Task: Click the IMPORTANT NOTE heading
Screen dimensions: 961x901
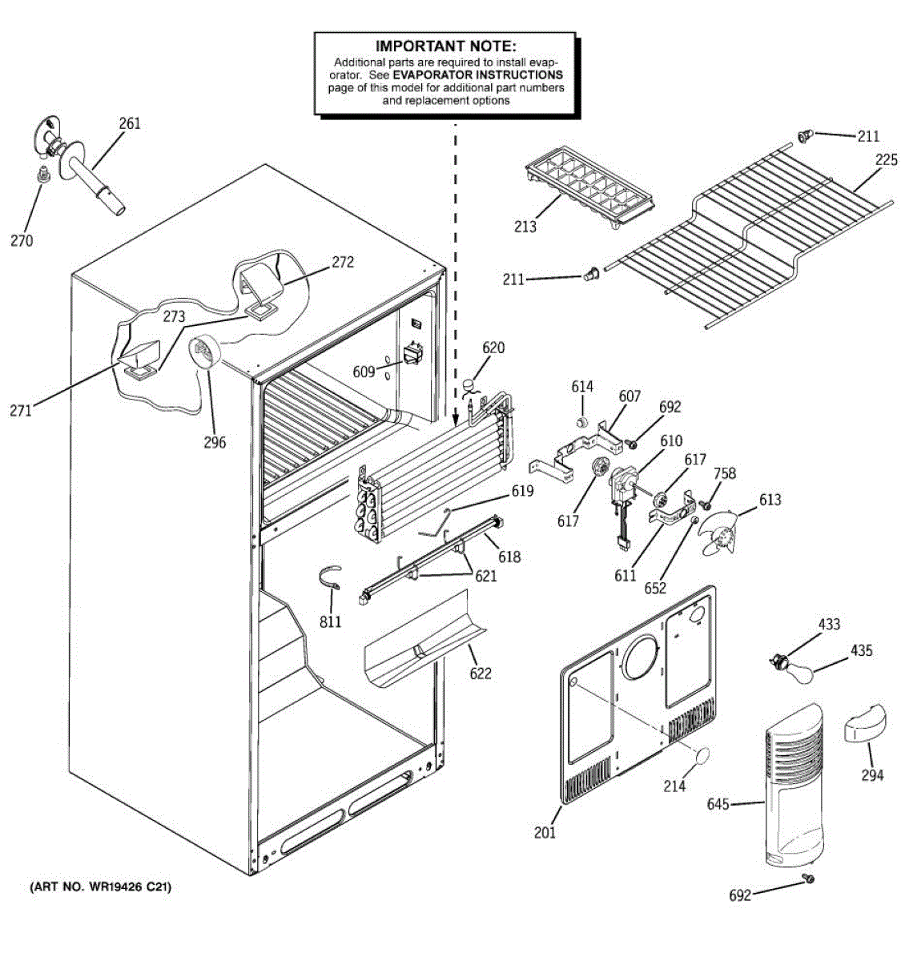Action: pyautogui.click(x=445, y=46)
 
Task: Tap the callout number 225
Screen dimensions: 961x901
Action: pyautogui.click(x=886, y=160)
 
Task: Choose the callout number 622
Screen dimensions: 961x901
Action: pyautogui.click(x=480, y=674)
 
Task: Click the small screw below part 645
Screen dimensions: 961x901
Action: pyautogui.click(x=808, y=879)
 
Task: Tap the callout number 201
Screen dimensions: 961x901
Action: pyautogui.click(x=545, y=833)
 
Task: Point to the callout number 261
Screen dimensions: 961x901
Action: pyautogui.click(x=129, y=123)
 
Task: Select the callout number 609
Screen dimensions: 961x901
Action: pyautogui.click(x=364, y=372)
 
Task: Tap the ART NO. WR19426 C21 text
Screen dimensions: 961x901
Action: pyautogui.click(x=100, y=887)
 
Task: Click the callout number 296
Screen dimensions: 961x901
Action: pyautogui.click(x=215, y=441)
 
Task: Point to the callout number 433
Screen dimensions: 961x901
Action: pyautogui.click(x=828, y=624)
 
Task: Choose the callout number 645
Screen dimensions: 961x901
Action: pyautogui.click(x=718, y=804)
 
